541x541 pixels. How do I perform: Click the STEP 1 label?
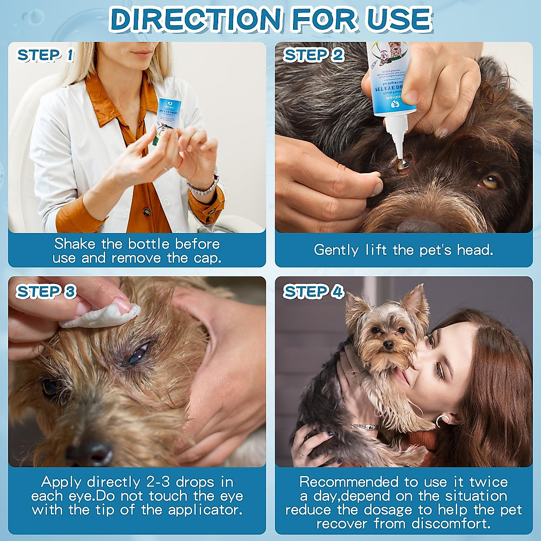click(45, 55)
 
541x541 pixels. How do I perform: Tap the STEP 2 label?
click(313, 55)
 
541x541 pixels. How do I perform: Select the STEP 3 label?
click(46, 292)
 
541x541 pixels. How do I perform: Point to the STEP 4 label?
click(313, 292)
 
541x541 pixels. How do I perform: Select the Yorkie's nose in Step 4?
click(387, 346)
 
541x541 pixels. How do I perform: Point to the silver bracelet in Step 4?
click(365, 426)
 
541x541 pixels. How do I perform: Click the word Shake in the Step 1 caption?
click(75, 244)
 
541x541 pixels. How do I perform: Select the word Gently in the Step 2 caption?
click(336, 250)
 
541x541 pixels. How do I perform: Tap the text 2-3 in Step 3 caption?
click(159, 482)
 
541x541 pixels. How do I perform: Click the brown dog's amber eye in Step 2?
click(490, 182)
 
